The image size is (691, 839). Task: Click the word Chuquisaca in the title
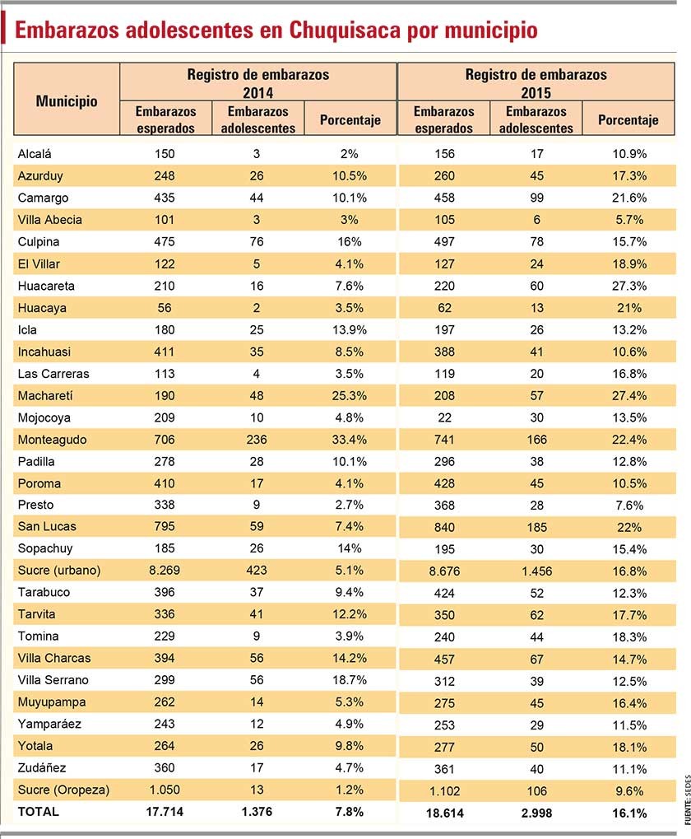click(x=345, y=30)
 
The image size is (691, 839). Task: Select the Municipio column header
click(x=67, y=101)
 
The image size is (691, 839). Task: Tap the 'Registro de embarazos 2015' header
click(x=536, y=83)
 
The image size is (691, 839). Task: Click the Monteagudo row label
click(x=52, y=440)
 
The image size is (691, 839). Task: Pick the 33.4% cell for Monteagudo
click(x=350, y=440)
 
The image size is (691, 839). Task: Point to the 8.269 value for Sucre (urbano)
click(x=165, y=571)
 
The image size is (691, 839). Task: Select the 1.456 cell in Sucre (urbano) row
click(x=536, y=571)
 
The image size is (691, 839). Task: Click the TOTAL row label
click(x=39, y=812)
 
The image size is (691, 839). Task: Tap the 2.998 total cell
click(x=536, y=813)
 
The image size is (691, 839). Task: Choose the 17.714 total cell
click(x=165, y=812)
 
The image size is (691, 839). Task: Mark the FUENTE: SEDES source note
click(x=687, y=800)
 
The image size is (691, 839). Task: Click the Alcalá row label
click(x=35, y=154)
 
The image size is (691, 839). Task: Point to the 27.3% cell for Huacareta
click(x=629, y=287)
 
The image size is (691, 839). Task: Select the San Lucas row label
click(x=47, y=526)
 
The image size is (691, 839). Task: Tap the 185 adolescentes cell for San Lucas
click(x=536, y=528)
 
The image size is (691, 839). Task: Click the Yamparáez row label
click(x=49, y=725)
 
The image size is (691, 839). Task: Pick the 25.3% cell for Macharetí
click(x=350, y=396)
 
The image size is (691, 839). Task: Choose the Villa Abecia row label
click(x=49, y=220)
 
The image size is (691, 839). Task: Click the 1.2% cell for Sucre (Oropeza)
click(x=350, y=790)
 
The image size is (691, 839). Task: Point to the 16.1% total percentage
click(x=629, y=813)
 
